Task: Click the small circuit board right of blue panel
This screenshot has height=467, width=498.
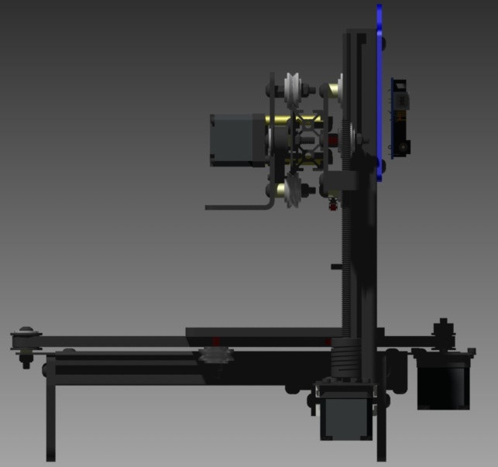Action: pyautogui.click(x=400, y=116)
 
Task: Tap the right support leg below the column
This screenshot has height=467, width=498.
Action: pyautogui.click(x=381, y=434)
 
